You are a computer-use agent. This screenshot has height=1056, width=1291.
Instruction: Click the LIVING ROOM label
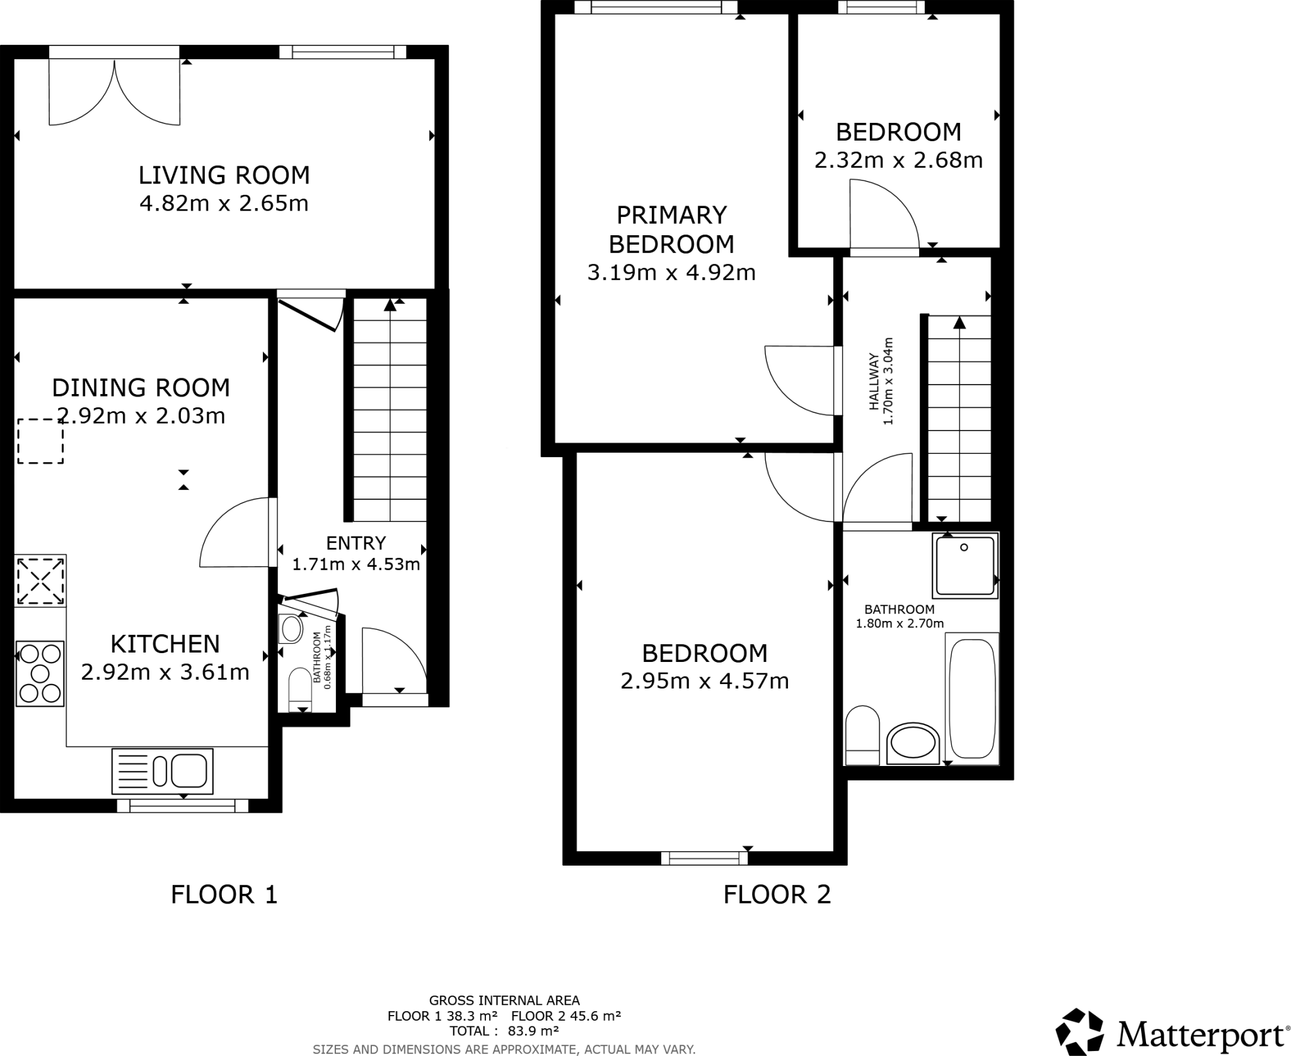coord(224,175)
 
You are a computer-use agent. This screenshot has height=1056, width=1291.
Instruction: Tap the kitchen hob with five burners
coord(40,673)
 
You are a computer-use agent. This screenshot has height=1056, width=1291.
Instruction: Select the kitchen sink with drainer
coord(163,771)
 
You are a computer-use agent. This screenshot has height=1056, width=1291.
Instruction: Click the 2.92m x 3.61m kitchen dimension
coord(165,672)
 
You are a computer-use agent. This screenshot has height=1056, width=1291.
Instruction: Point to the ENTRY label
coord(356,543)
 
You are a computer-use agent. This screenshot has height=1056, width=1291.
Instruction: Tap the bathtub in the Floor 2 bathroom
coord(971,699)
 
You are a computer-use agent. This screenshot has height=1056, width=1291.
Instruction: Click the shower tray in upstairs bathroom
coord(964,565)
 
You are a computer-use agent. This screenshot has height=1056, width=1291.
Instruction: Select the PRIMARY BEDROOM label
coord(671,229)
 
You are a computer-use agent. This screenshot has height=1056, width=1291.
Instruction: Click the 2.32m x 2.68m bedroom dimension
coord(898,160)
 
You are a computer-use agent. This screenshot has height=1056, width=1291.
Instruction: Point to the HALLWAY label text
coord(874,382)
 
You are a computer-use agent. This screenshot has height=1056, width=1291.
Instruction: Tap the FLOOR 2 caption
coord(777,895)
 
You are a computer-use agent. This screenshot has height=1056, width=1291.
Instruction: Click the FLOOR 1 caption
coord(224,895)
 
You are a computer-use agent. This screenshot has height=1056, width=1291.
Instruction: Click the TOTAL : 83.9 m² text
coord(504,1031)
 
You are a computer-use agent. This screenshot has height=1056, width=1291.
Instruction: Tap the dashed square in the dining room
coord(40,441)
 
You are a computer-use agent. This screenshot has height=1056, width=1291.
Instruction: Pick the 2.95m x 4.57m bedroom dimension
coord(705,681)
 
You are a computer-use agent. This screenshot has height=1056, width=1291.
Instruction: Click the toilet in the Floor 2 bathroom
coord(862,735)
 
